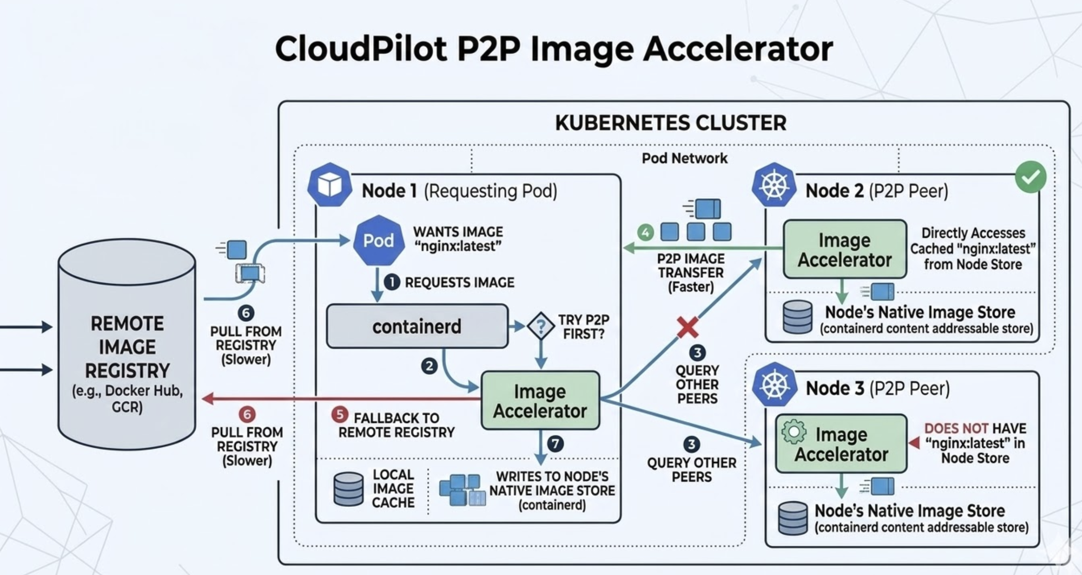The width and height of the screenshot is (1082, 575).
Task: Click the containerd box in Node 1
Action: click(x=417, y=326)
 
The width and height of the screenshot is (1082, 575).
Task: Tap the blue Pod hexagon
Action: click(x=379, y=241)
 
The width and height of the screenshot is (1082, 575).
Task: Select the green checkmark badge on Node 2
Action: click(x=1030, y=177)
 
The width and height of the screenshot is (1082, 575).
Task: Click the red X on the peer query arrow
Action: click(x=687, y=328)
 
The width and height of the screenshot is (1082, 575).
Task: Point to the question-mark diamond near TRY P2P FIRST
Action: click(x=541, y=326)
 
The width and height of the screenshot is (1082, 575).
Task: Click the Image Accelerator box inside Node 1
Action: click(x=540, y=401)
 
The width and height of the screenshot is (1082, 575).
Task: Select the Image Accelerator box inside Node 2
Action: click(x=844, y=250)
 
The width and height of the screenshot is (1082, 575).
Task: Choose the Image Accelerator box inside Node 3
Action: click(x=841, y=444)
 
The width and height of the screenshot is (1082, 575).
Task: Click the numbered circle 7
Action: click(x=555, y=443)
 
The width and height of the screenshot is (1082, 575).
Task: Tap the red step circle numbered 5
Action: click(x=340, y=414)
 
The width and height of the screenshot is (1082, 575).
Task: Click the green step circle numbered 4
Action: click(x=645, y=233)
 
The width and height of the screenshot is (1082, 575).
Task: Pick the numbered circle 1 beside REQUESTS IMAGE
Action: click(x=392, y=282)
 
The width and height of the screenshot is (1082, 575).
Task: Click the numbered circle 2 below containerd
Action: click(x=429, y=366)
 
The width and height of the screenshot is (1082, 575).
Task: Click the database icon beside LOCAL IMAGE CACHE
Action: click(x=348, y=489)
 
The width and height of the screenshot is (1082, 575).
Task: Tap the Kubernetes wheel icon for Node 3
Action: click(x=774, y=385)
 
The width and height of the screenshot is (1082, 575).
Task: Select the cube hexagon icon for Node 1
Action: click(x=330, y=185)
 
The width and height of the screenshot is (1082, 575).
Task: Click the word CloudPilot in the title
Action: click(x=361, y=48)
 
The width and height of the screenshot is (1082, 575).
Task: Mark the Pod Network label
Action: click(x=684, y=159)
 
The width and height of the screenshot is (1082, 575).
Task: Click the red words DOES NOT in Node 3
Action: click(x=956, y=428)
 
